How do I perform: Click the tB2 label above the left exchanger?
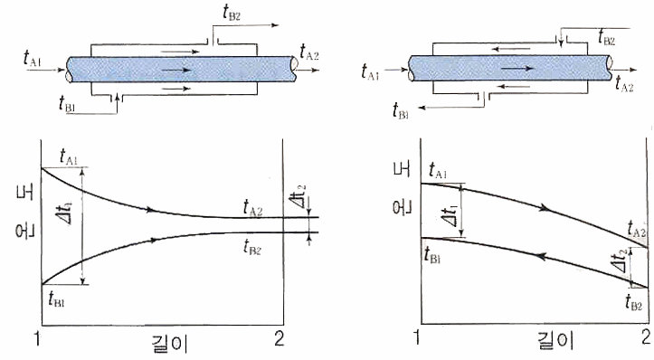(232, 13)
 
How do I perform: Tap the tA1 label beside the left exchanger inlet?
(33, 58)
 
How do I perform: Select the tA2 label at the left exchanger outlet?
(309, 52)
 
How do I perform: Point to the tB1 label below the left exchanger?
(67, 103)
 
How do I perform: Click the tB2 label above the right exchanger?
(606, 37)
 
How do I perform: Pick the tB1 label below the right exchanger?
(401, 111)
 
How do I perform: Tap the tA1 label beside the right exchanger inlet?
(370, 71)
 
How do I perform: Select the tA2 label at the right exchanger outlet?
(624, 84)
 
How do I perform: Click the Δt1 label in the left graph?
(67, 213)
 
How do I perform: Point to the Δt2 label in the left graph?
(299, 196)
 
